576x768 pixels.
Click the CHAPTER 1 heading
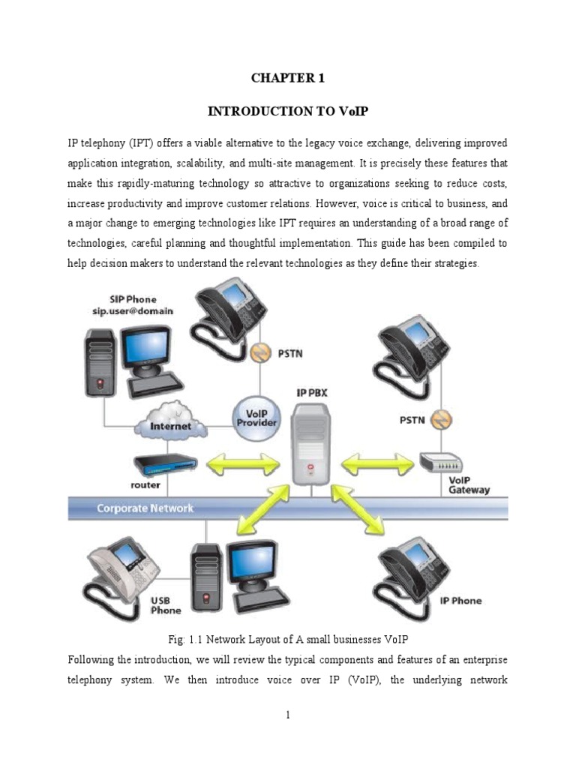pos(289,77)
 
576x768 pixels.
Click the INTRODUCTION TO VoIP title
pos(289,111)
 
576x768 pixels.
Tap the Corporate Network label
pos(145,508)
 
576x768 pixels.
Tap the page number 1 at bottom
pos(287,715)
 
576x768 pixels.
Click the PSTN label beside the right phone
pos(412,420)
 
